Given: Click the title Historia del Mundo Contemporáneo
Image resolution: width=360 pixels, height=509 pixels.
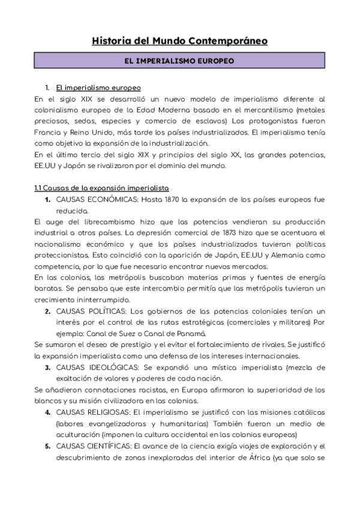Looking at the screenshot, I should coord(180,41).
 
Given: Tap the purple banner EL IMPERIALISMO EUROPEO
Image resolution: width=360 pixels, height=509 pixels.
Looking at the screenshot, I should coord(180,61).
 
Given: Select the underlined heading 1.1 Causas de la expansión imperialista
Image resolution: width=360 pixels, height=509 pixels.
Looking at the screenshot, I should coord(101,187).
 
